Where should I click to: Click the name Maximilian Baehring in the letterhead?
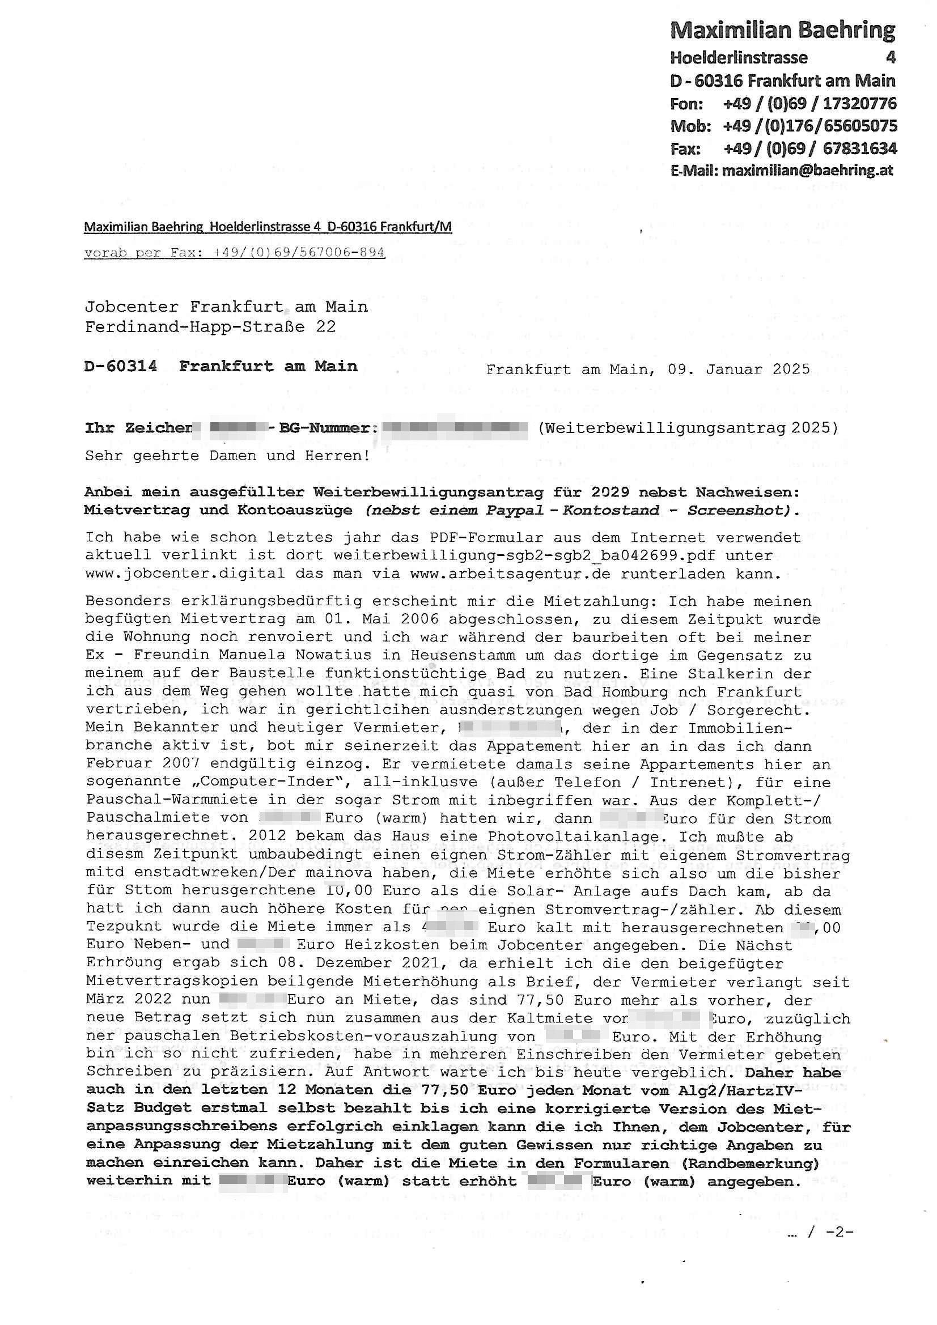point(782,30)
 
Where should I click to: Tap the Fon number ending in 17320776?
point(809,103)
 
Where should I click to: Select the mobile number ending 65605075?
point(809,126)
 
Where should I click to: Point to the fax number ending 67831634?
point(810,148)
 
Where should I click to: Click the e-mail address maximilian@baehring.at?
point(807,170)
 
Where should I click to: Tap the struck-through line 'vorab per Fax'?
point(235,253)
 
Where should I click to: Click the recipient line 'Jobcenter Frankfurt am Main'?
point(226,307)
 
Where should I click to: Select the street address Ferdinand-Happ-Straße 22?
point(210,326)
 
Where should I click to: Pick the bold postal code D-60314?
point(121,366)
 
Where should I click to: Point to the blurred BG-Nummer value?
point(455,428)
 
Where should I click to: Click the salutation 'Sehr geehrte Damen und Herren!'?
point(227,456)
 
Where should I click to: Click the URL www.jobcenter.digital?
point(185,574)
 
